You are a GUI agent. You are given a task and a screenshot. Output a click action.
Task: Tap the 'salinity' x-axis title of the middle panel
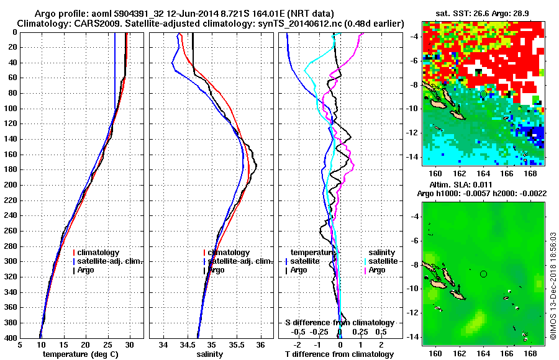click(x=211, y=354)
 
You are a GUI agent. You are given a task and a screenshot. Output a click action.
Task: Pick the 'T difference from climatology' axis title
click(x=339, y=354)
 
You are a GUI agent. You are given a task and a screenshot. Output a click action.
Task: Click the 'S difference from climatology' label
click(x=339, y=323)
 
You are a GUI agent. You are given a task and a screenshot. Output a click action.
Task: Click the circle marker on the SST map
click(x=483, y=94)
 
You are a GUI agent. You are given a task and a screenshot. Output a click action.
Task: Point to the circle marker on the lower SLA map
click(x=483, y=274)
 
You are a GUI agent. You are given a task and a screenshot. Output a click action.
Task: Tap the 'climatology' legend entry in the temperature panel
click(x=100, y=253)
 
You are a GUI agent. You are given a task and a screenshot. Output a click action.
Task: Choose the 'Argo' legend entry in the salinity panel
click(x=216, y=270)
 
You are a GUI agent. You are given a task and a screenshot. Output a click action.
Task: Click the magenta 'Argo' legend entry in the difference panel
click(x=377, y=270)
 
